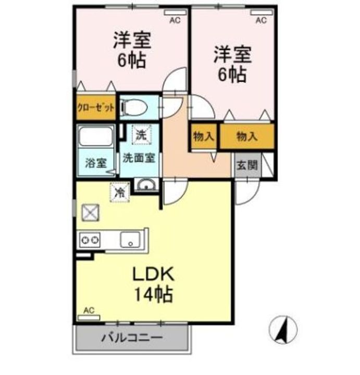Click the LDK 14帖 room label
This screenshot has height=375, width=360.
click(152, 284)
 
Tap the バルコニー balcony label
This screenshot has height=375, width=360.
click(131, 337)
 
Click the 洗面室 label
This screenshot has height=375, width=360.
click(139, 158)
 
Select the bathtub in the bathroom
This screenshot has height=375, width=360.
click(96, 138)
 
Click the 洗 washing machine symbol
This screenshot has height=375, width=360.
click(141, 134)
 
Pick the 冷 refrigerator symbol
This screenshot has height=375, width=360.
click(119, 192)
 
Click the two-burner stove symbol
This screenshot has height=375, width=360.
click(90, 240)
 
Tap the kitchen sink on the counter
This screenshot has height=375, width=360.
click(129, 240)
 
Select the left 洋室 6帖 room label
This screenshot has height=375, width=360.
click(132, 51)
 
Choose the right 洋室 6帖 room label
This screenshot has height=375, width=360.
click(232, 65)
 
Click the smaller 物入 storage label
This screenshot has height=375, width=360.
click(204, 137)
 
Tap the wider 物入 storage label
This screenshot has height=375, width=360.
click(246, 137)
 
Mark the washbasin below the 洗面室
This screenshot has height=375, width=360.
click(145, 185)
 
